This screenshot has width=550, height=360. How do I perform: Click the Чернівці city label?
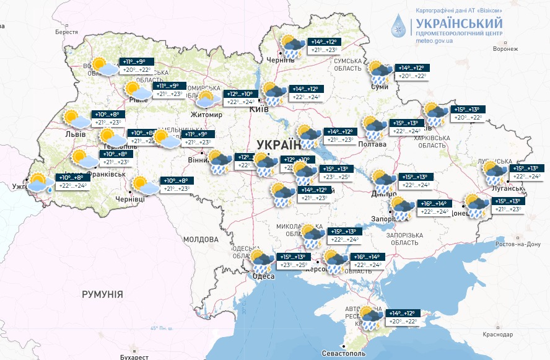click(x=130, y=200)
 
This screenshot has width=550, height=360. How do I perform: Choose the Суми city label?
click(x=379, y=87)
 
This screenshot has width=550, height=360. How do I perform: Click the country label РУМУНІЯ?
click(x=102, y=294)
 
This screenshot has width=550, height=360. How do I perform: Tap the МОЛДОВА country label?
click(x=201, y=239)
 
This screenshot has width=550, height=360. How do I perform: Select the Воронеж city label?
click(x=505, y=49)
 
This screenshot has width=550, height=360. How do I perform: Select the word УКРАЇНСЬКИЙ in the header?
click(x=455, y=22)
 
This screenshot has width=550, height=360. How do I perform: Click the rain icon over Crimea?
click(x=372, y=317)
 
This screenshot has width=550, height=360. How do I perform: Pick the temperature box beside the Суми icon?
click(x=412, y=72)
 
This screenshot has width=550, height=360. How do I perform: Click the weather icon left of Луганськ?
click(x=495, y=173)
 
